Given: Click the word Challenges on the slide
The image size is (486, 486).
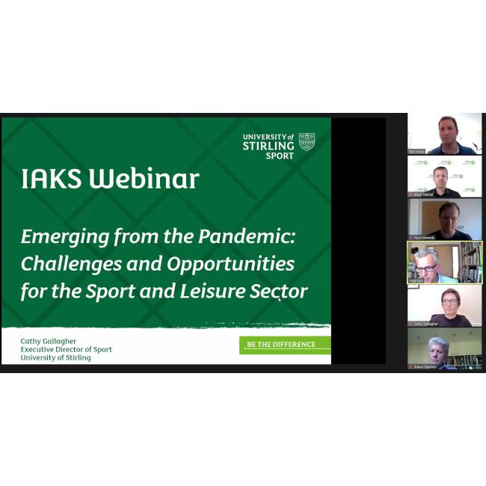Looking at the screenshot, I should point(70,264).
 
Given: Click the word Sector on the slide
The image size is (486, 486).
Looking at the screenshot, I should point(281,291).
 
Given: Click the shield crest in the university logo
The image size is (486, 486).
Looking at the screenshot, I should point(307,141).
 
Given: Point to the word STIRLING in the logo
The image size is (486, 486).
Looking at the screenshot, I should point(268,147).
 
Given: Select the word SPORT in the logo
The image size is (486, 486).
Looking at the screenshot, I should point(280,156).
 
